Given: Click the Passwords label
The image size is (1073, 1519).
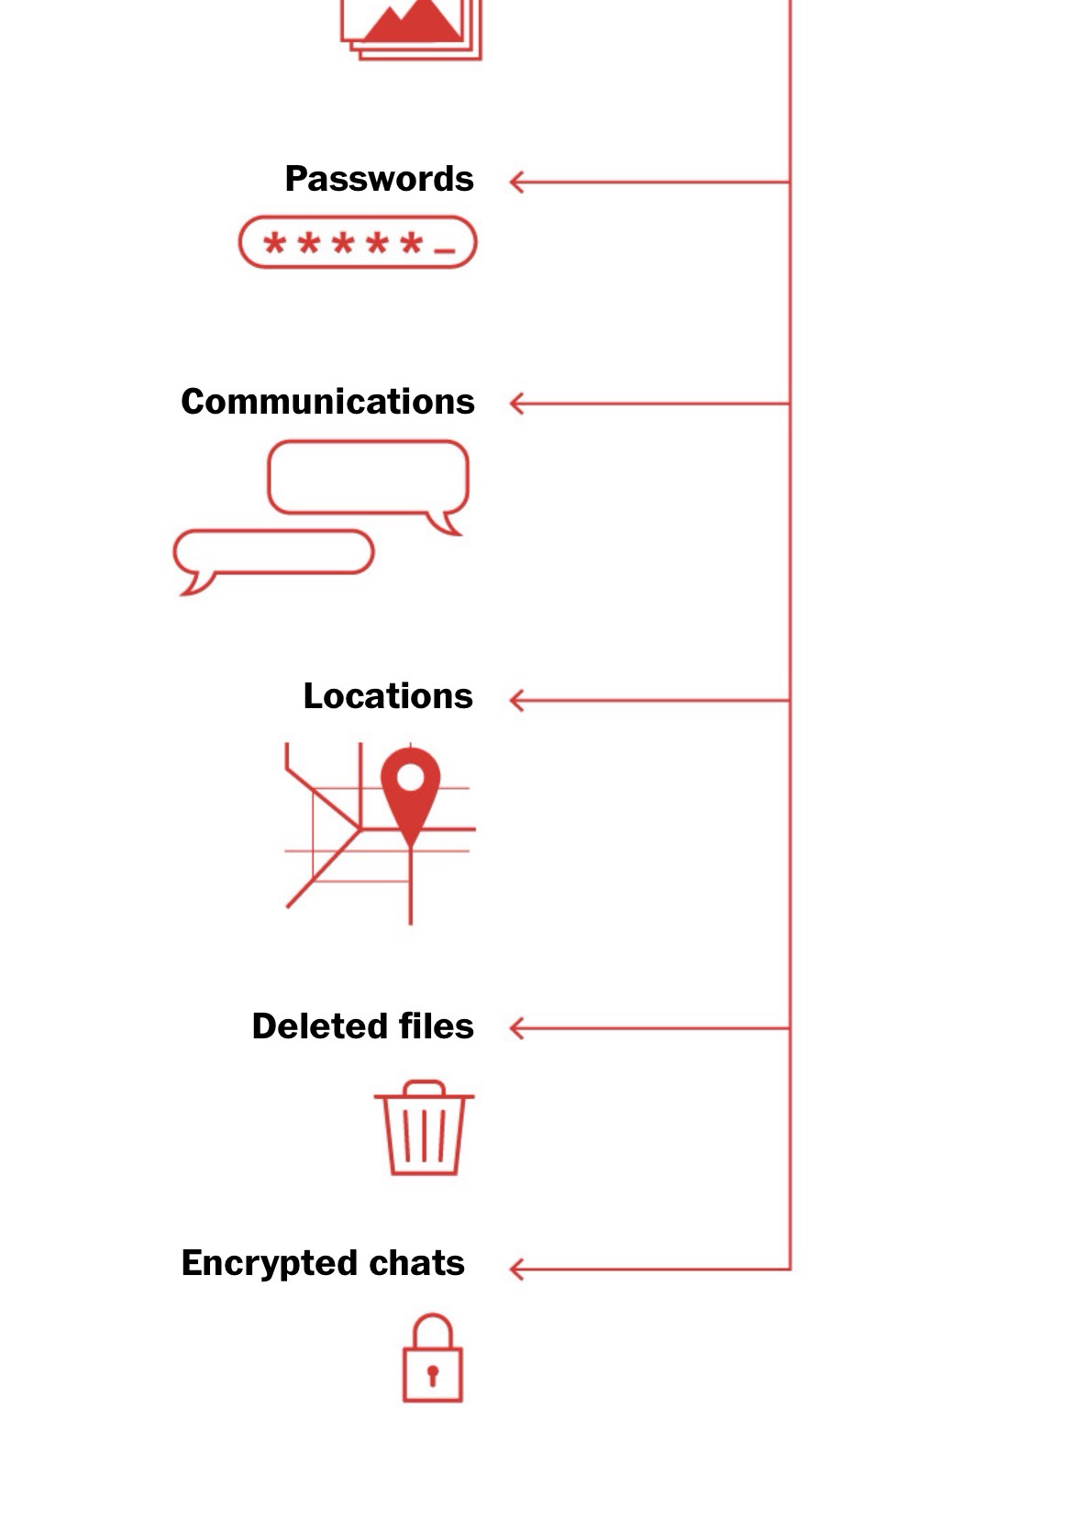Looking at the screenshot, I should [379, 179].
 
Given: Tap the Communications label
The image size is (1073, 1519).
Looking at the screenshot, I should [327, 402].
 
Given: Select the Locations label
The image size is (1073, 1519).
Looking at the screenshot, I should [388, 696].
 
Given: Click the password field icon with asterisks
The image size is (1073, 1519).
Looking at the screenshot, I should [358, 243].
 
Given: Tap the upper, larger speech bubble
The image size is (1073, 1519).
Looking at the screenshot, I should [369, 478].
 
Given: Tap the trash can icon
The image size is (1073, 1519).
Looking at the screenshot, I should [424, 1129].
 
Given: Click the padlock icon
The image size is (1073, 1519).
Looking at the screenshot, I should [432, 1360].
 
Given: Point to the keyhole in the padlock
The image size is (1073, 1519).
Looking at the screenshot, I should [432, 1374].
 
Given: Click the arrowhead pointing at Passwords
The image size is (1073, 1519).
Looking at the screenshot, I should [515, 183].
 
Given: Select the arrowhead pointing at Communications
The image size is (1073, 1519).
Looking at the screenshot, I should [515, 404].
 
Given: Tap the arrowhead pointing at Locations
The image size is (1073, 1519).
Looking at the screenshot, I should [515, 701].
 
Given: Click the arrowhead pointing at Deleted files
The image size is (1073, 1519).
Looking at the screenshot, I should [515, 1028].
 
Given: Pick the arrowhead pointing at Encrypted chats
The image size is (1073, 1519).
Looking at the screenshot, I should [515, 1270].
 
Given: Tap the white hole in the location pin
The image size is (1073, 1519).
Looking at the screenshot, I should [410, 778].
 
